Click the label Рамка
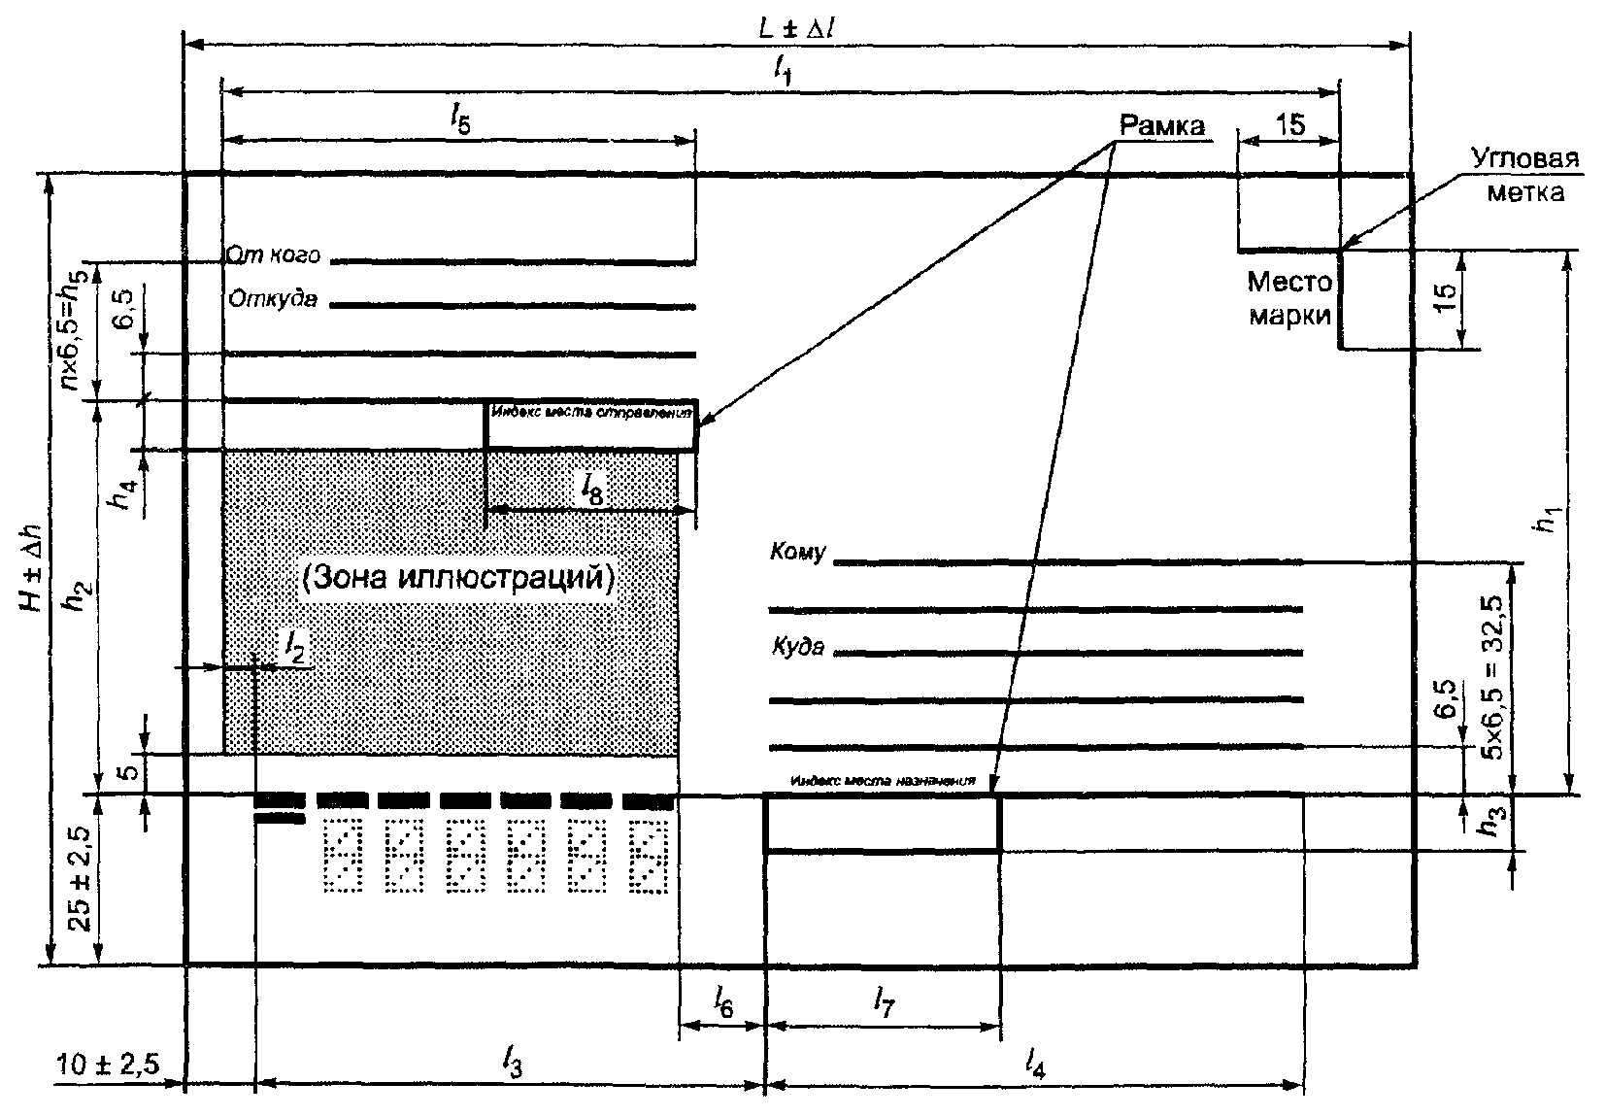coord(1161,125)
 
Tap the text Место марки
coord(1288,298)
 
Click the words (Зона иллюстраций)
coord(458,579)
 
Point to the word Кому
coord(797,553)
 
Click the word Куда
coord(798,646)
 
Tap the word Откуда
coord(273,299)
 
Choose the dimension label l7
coord(883,1000)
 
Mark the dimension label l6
coord(722,1000)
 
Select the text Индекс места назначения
coord(882,780)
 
